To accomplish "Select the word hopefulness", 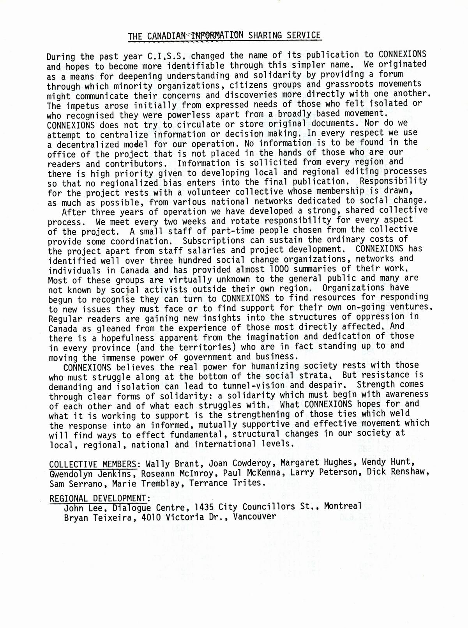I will tap(129, 338).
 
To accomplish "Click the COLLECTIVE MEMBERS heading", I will tap(93, 464).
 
